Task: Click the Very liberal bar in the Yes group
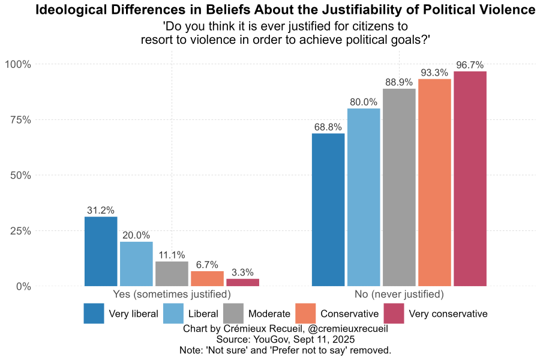101,251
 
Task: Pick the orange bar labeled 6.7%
207,279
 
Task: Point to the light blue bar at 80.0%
364,197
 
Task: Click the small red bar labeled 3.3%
242,283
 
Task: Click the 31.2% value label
101,211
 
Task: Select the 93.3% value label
434,73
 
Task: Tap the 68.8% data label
328,127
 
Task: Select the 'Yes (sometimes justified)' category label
172,295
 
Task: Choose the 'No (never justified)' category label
399,295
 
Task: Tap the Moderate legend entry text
269,314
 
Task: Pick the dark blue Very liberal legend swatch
94,314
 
